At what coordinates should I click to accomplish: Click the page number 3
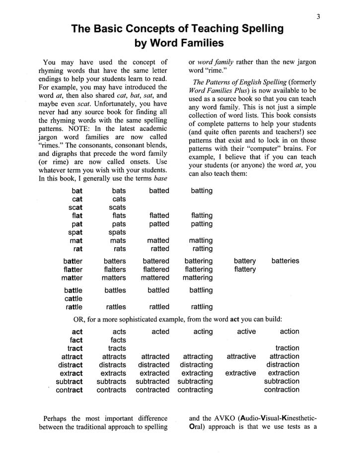(x=318, y=16)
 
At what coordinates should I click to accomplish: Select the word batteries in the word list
(x=285, y=261)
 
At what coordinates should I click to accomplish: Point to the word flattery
(x=245, y=270)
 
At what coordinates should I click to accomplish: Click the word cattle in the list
(x=73, y=299)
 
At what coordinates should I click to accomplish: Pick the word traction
(x=287, y=348)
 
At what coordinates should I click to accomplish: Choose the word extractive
(x=240, y=373)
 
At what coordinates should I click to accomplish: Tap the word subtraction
(x=282, y=382)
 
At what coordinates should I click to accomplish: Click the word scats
(x=117, y=207)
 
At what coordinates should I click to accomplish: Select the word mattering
(x=197, y=278)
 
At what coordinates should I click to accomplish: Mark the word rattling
(x=201, y=307)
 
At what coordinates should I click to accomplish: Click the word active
(x=246, y=332)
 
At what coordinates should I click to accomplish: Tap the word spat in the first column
(x=75, y=232)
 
